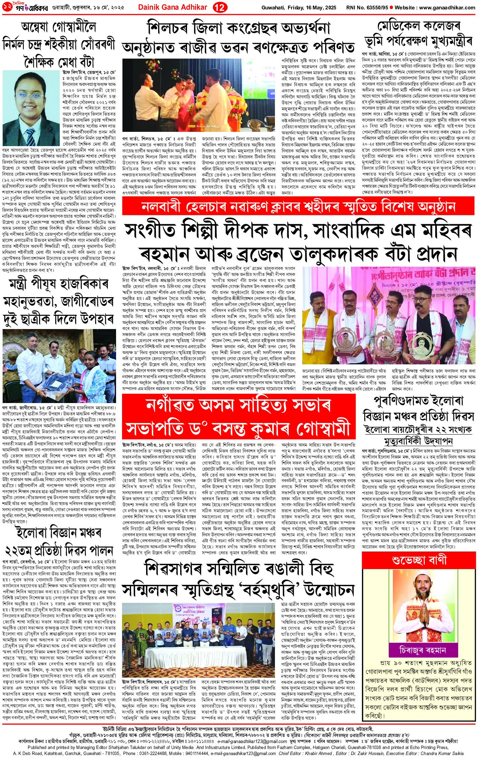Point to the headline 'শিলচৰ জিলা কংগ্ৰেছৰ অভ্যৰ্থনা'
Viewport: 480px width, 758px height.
(x=238, y=29)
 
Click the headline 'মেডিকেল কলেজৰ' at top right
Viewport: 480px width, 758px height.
(x=418, y=26)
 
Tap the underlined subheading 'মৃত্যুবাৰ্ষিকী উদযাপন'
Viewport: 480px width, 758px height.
(x=419, y=440)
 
